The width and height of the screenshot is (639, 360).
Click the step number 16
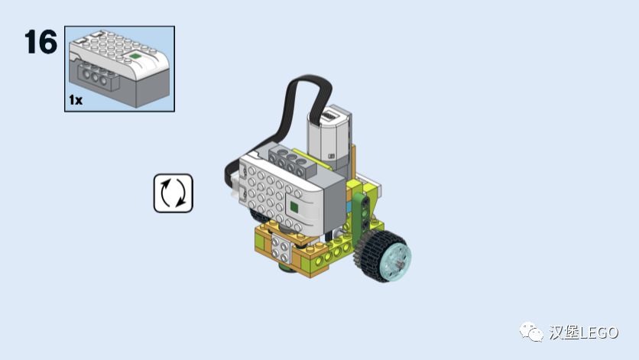coord(41,41)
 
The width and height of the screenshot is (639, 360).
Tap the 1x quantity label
coord(76,100)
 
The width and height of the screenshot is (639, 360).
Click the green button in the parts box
coord(135,57)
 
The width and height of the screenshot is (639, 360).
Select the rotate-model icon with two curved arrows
coord(174,193)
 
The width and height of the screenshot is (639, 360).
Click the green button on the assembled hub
coord(294,208)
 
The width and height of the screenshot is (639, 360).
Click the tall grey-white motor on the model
coord(329,137)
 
